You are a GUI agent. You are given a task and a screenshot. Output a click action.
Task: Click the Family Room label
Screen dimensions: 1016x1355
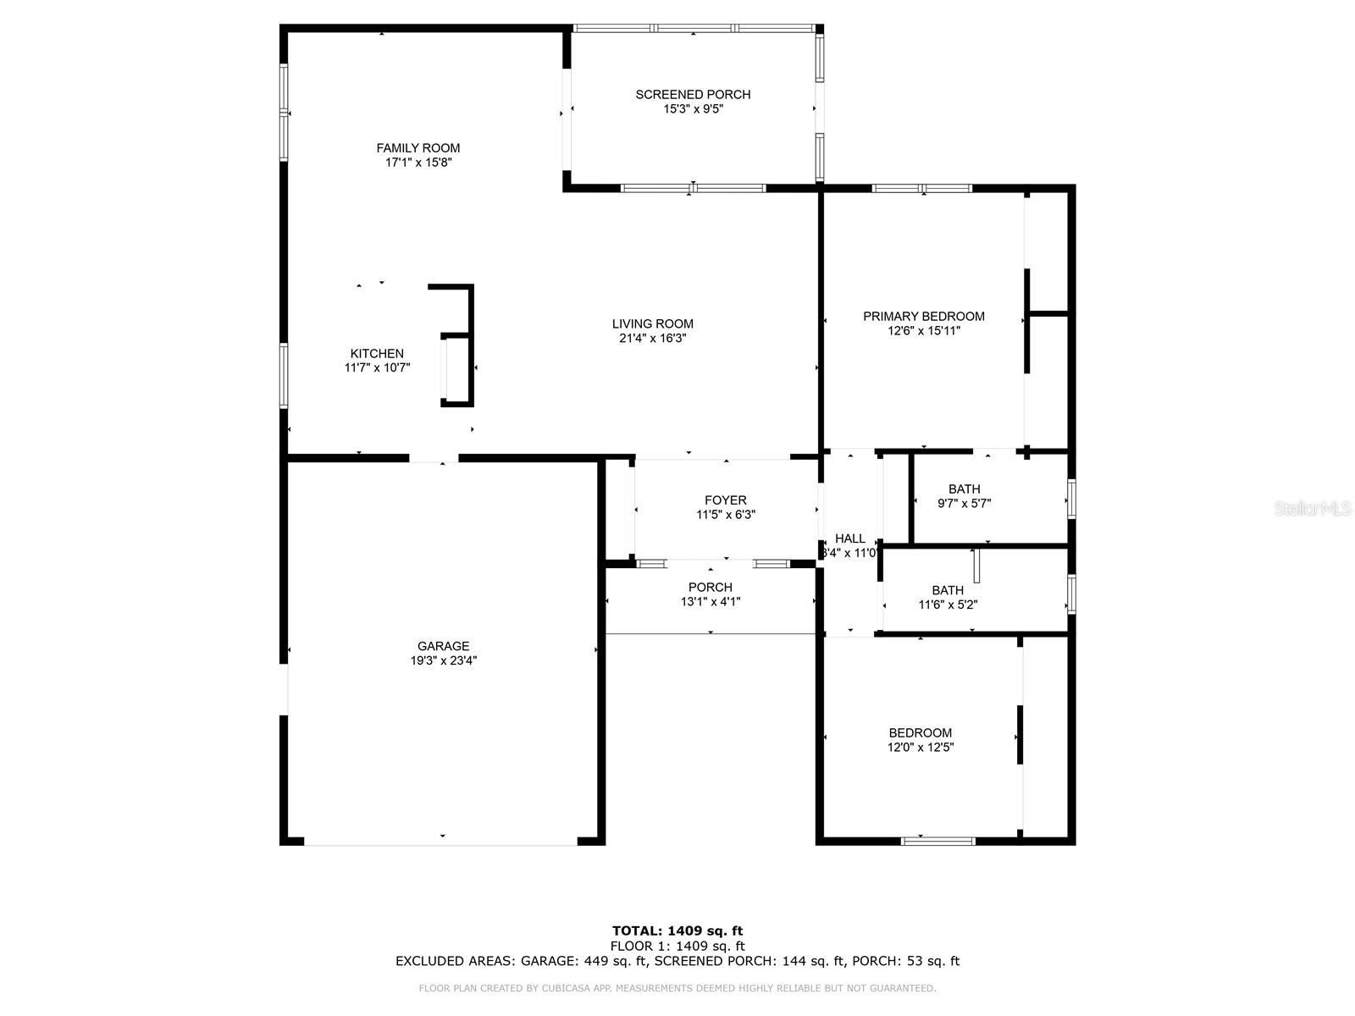418,148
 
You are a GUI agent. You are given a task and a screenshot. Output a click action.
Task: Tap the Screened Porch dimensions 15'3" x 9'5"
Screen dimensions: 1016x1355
693,109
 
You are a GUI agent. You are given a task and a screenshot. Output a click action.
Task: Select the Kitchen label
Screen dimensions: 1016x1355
377,354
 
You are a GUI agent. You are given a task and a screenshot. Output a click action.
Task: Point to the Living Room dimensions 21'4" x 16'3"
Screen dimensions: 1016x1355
652,338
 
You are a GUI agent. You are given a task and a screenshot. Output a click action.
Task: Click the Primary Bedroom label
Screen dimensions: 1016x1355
923,317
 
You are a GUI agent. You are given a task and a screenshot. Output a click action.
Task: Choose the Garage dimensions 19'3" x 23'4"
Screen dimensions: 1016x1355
444,661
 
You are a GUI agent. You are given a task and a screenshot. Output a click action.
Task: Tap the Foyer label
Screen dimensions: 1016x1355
726,500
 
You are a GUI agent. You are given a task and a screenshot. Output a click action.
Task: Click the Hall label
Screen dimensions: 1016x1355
850,538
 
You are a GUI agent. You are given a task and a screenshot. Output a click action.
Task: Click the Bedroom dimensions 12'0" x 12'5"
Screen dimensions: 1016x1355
920,748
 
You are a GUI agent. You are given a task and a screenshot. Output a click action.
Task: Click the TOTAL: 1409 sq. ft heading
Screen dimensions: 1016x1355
677,931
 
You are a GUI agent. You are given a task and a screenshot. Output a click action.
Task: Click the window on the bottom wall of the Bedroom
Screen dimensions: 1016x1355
937,841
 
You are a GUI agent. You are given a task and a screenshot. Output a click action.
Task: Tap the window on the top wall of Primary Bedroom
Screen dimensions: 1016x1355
922,189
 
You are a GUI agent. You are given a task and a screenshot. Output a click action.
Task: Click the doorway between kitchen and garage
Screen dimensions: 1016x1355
434,459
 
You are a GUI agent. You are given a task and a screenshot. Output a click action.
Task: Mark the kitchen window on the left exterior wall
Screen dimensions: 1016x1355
285,376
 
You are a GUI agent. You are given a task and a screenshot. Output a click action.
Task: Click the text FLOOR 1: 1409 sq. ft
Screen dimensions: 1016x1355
677,947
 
